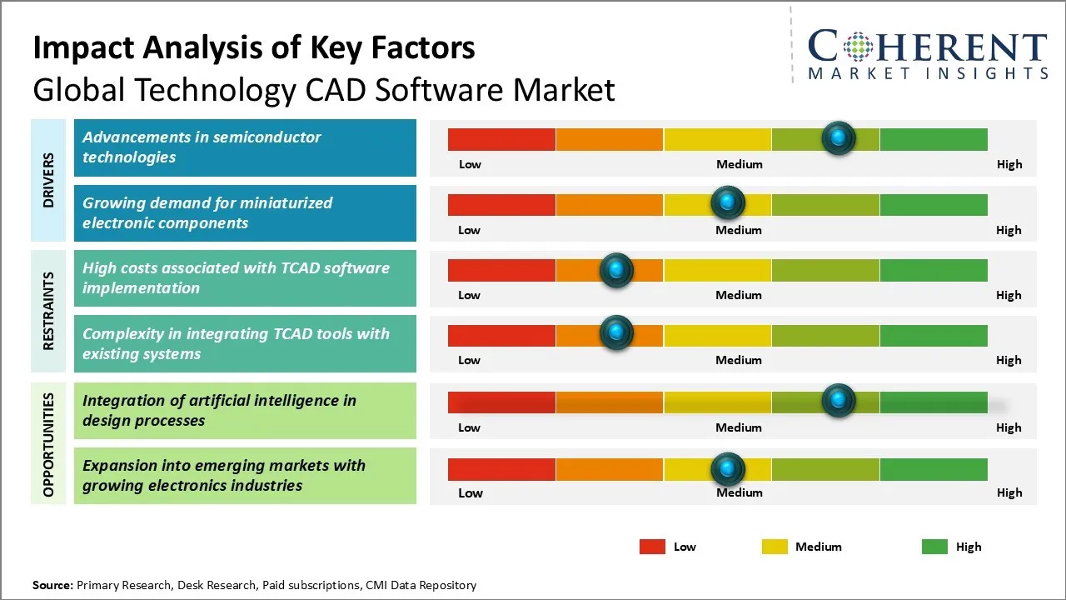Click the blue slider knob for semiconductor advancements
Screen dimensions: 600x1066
(839, 137)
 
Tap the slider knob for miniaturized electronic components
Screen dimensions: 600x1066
(728, 202)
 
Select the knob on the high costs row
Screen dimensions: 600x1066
(616, 269)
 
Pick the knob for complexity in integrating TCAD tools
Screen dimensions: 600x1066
(616, 333)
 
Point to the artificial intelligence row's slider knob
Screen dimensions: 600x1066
(839, 400)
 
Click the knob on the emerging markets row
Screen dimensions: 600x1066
(728, 468)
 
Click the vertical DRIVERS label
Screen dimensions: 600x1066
(48, 180)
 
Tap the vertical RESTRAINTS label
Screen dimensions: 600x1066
(48, 311)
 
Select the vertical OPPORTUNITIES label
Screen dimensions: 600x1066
(48, 444)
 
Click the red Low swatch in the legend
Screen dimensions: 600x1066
(652, 547)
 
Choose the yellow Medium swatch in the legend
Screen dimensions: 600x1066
(775, 547)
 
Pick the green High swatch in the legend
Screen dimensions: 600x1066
(934, 547)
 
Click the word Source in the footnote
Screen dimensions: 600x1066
(52, 585)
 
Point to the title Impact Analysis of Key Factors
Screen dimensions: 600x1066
(254, 48)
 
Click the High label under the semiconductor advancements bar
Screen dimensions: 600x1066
(1009, 164)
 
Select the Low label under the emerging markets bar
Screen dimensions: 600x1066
(471, 492)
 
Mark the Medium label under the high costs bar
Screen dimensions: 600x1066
(739, 295)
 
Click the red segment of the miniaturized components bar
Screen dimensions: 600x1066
(501, 204)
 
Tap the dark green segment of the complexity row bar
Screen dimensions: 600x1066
(933, 335)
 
